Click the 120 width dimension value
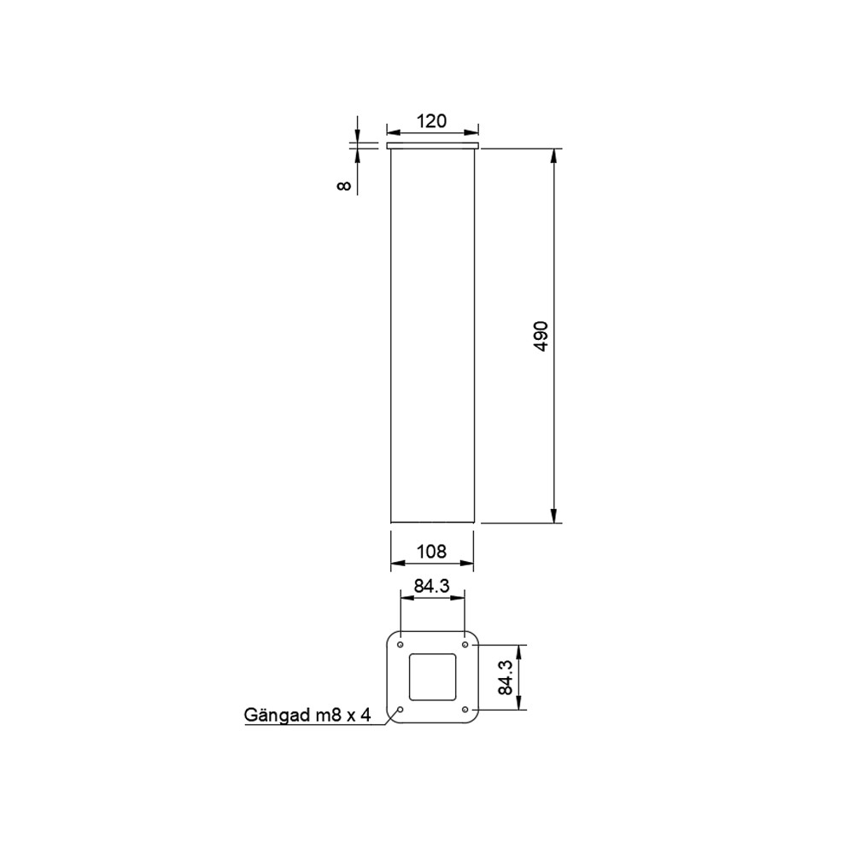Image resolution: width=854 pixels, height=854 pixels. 431,121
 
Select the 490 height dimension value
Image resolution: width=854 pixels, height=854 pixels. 541,336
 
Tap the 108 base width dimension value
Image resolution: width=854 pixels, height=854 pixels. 431,552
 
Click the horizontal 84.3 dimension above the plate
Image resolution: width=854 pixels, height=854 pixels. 431,587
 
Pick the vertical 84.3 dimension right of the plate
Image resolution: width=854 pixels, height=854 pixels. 506,677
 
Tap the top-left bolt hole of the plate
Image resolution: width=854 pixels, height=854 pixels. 401,643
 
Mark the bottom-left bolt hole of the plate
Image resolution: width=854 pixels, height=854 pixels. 401,709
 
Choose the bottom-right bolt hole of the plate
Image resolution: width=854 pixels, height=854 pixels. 465,709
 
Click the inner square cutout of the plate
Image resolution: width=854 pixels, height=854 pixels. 432,676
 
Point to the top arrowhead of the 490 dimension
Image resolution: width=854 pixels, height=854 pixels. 554,156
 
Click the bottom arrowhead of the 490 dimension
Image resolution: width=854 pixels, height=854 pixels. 554,515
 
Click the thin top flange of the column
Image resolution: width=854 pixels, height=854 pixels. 432,147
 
